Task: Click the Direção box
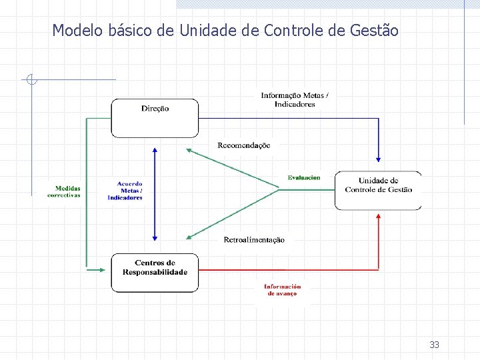point(155,117)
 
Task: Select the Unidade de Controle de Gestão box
point(378,190)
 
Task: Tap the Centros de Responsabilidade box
point(155,272)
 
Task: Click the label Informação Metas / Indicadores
point(294,99)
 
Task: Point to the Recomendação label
point(244,145)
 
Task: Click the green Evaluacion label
point(304,177)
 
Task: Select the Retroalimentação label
point(254,240)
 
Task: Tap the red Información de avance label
point(282,290)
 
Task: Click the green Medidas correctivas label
point(64,191)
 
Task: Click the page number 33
point(435,345)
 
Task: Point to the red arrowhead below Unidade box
point(379,217)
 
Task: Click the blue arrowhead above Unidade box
point(379,159)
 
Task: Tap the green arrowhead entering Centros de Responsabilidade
point(101,269)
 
